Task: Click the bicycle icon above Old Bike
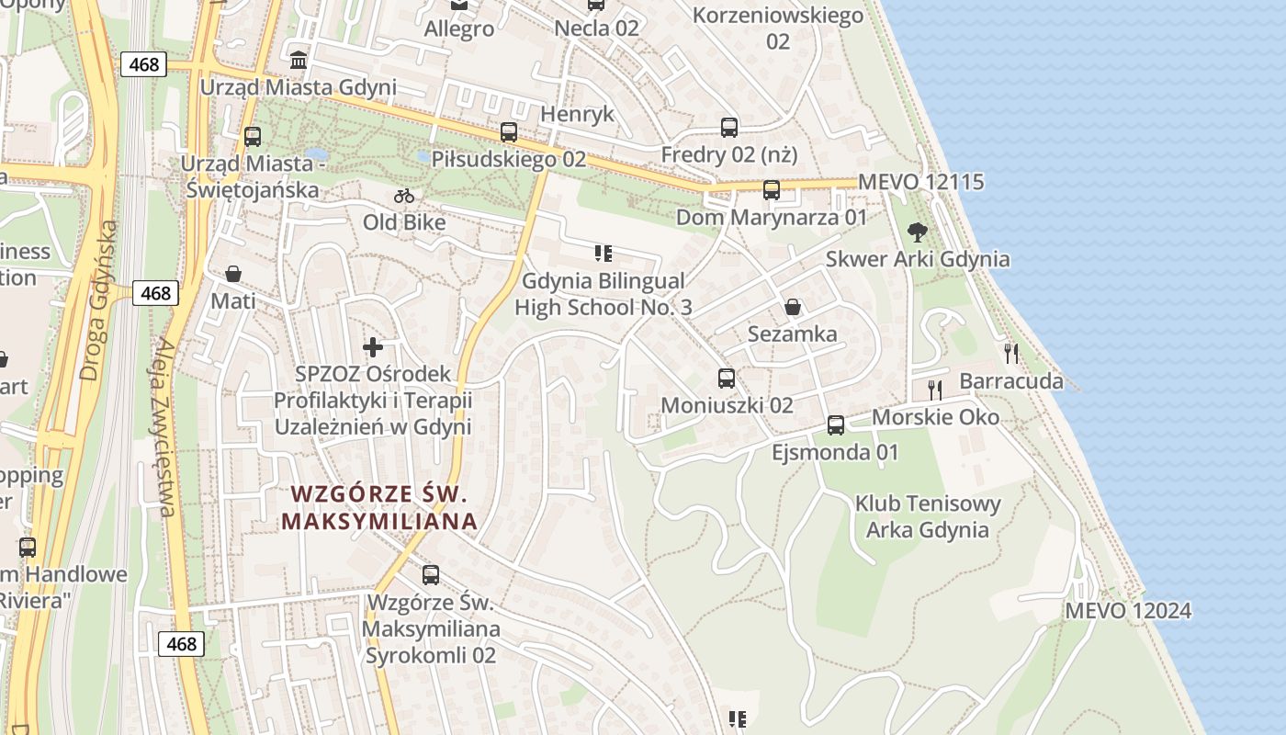pyautogui.click(x=404, y=196)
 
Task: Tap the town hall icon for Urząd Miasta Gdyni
pyautogui.click(x=299, y=61)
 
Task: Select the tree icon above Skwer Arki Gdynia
pyautogui.click(x=916, y=232)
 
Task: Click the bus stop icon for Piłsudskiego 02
pyautogui.click(x=509, y=132)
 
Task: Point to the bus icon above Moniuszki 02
pyautogui.click(x=727, y=379)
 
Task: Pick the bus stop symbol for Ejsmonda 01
pyautogui.click(x=836, y=425)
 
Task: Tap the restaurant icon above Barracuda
pyautogui.click(x=1011, y=354)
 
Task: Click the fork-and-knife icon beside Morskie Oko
pyautogui.click(x=935, y=390)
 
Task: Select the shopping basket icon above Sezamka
pyautogui.click(x=793, y=307)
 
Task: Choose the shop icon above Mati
pyautogui.click(x=233, y=275)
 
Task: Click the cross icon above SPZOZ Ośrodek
pyautogui.click(x=373, y=347)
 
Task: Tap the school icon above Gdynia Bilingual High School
pyautogui.click(x=603, y=254)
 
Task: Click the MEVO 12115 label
pyautogui.click(x=920, y=182)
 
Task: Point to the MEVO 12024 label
pyautogui.click(x=1128, y=611)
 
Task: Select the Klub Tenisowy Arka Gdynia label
pyautogui.click(x=928, y=516)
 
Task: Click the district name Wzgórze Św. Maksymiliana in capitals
pyautogui.click(x=379, y=507)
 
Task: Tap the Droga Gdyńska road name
pyautogui.click(x=99, y=300)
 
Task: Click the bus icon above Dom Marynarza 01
pyautogui.click(x=772, y=190)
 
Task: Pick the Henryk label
pyautogui.click(x=577, y=115)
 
